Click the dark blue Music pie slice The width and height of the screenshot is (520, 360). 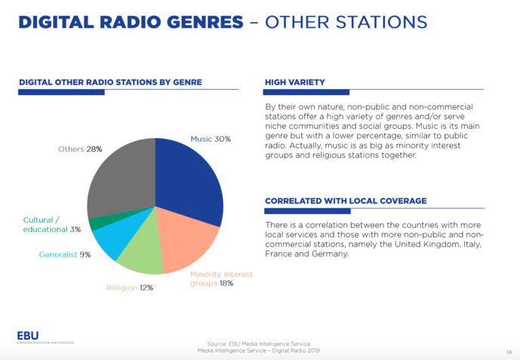(x=189, y=177)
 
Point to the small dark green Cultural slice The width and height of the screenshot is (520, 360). (x=94, y=223)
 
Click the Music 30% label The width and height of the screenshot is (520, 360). (x=211, y=139)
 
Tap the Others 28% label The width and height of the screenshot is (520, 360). (x=80, y=149)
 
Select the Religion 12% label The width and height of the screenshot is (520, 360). (x=130, y=288)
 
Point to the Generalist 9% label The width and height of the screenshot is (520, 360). (x=65, y=254)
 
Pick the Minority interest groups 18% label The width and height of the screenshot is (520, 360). (x=222, y=278)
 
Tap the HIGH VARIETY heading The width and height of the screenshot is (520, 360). (x=295, y=82)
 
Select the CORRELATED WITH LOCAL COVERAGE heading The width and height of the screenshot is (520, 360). (x=346, y=201)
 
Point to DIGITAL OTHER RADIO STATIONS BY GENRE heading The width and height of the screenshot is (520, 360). (x=110, y=82)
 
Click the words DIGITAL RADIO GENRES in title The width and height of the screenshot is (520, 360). (x=131, y=22)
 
